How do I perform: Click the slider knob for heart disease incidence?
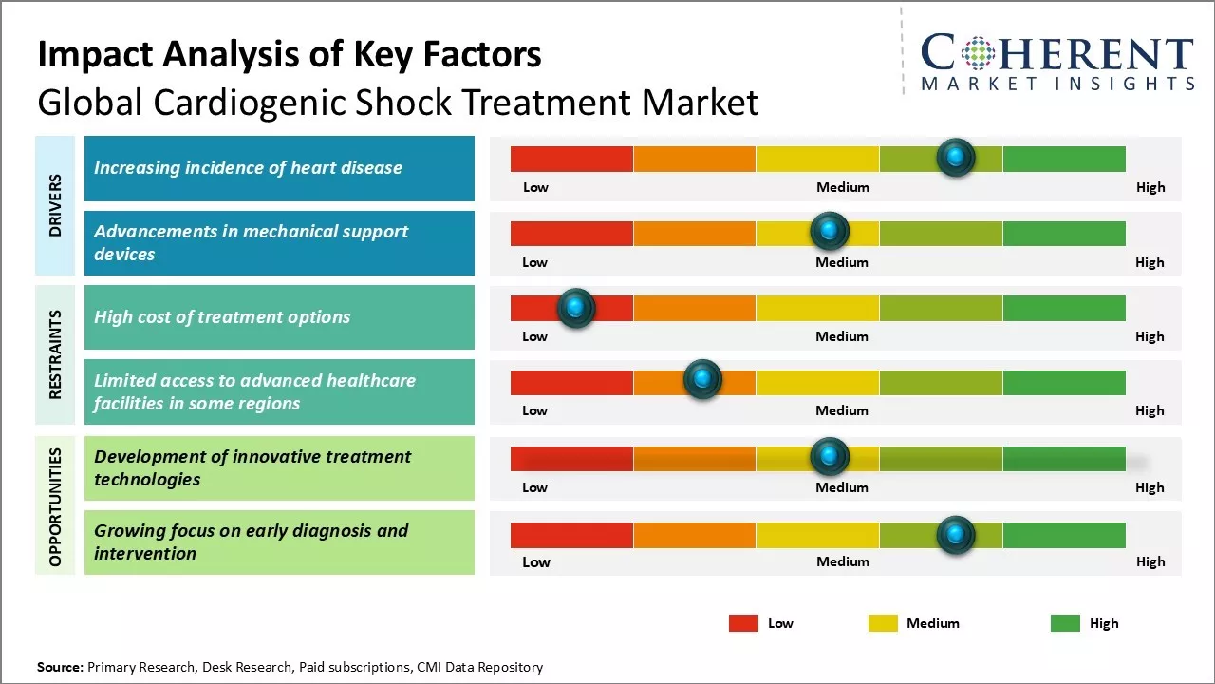coord(956,157)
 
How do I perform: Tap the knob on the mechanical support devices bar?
coord(830,231)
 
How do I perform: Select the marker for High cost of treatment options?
coord(575,307)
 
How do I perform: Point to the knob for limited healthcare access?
coord(702,380)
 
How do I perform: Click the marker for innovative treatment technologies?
coord(830,457)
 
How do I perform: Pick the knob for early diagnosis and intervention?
coord(956,535)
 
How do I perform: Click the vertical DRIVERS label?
coord(55,205)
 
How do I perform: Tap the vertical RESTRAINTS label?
coord(55,354)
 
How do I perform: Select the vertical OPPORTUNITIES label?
coord(55,506)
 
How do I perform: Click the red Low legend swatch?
coord(743,623)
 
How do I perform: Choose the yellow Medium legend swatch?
coord(883,623)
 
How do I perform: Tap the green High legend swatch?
coord(1065,623)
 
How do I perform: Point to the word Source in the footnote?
coord(60,667)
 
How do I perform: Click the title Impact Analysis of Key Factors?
coord(290,55)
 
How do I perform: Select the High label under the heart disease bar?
coord(1150,187)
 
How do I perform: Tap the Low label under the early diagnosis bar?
coord(536,561)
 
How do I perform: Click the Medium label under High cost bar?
coord(842,336)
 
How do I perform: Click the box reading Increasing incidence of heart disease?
coord(279,168)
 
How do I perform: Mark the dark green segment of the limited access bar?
coord(1064,382)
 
